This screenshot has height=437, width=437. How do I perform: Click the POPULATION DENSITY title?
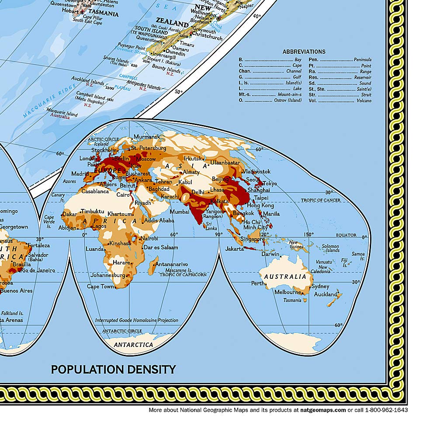[x=113, y=369]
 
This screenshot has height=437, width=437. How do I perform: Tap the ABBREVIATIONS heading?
[x=304, y=52]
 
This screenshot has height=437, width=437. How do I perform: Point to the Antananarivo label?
[x=172, y=264]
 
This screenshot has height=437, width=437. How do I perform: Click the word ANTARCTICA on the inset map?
[x=133, y=345]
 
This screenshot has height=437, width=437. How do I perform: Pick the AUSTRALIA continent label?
[x=285, y=277]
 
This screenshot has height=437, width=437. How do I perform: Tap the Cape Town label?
[x=100, y=287]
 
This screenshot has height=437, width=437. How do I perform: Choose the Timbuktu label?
[x=92, y=211]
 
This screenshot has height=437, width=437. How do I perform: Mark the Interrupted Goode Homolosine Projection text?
[x=137, y=320]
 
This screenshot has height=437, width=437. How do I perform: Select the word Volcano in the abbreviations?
[x=362, y=101]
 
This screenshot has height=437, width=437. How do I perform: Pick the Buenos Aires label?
[x=16, y=291]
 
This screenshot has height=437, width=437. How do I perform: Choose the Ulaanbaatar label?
[x=225, y=162]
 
